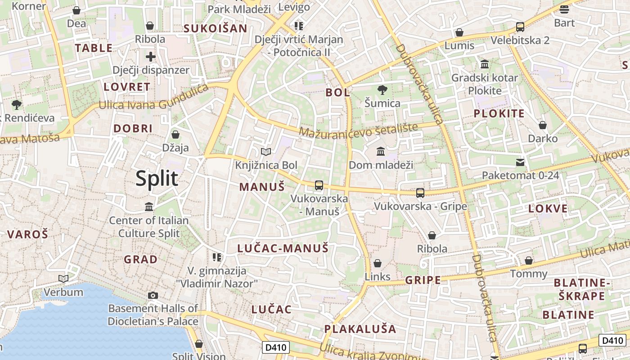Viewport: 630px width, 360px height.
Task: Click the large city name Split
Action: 157,179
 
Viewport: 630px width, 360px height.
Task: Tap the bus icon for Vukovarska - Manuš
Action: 319,185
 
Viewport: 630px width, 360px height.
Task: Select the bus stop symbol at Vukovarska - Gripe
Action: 420,193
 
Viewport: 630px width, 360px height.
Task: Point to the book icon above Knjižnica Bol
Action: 266,152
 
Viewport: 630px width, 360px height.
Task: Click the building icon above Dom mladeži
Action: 381,151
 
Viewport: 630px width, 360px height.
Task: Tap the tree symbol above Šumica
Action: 382,90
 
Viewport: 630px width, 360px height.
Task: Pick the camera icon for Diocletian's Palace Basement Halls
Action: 153,295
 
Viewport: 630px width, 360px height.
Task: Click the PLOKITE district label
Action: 499,113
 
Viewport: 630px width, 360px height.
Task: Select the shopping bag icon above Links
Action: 378,263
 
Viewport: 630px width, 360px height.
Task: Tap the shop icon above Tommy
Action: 529,261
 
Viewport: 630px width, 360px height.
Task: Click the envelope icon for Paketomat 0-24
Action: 520,162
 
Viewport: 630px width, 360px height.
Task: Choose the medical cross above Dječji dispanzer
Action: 151,57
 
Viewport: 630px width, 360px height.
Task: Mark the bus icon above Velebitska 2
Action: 520,27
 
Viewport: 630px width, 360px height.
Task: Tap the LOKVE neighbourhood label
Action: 548,209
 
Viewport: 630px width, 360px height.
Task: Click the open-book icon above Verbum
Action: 63,279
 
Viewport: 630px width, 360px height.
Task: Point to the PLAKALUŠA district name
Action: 360,329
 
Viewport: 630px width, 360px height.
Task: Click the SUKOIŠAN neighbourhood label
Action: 215,29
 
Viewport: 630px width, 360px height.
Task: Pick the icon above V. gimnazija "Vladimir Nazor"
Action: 217,257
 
